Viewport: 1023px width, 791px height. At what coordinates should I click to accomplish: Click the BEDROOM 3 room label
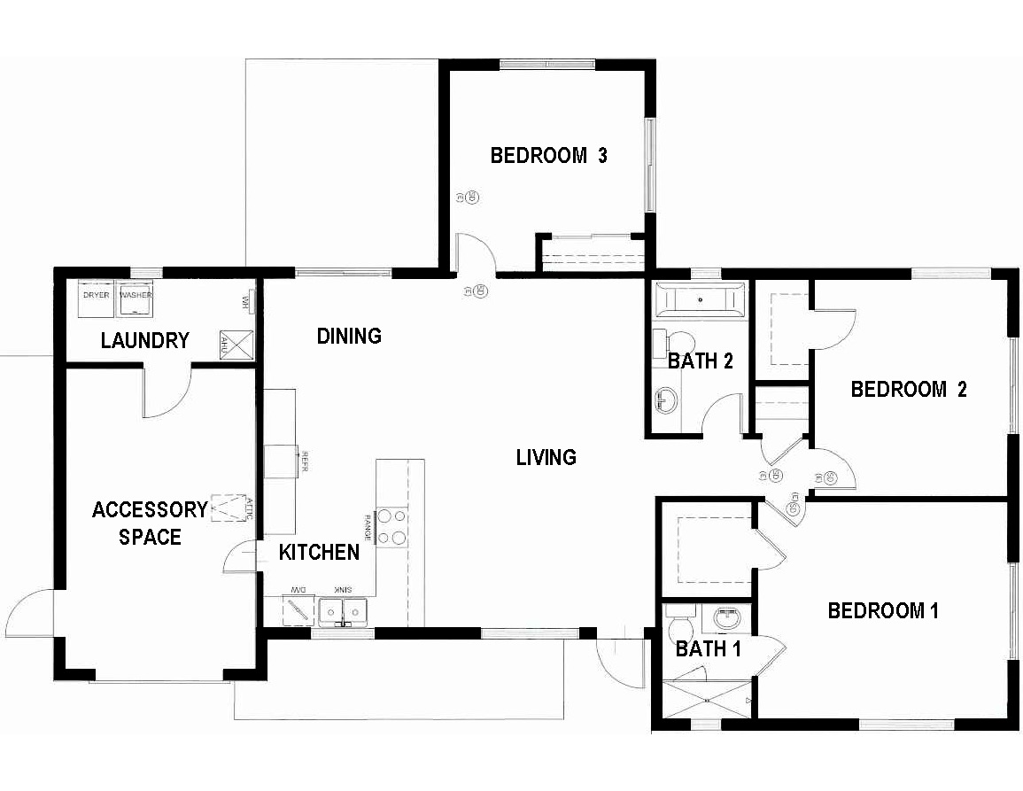pos(548,156)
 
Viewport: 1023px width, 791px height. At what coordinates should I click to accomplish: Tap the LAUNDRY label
pos(144,340)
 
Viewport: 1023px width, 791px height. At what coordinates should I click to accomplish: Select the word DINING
pos(349,336)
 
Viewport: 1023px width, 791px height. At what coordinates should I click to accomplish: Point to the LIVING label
pos(546,457)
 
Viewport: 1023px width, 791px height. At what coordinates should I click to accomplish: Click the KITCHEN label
pos(319,553)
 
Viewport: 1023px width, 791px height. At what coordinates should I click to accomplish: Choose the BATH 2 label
pos(701,361)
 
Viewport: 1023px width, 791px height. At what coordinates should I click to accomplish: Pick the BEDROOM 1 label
pos(882,610)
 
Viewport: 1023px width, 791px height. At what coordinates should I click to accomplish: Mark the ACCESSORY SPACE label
pos(149,523)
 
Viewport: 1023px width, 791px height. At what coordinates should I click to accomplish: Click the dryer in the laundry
pos(96,300)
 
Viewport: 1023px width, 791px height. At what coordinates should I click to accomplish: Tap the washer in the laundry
pos(135,300)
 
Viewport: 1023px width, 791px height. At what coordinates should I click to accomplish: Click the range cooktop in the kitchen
pos(391,525)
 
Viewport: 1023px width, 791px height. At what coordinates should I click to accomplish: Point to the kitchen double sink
pos(344,611)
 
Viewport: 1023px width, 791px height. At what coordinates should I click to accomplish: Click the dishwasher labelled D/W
pos(297,609)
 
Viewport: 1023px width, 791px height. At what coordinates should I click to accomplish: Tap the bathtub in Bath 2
pos(701,299)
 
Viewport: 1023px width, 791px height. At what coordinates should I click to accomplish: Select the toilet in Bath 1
pos(680,624)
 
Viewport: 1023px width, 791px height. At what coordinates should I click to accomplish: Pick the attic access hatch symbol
pos(228,508)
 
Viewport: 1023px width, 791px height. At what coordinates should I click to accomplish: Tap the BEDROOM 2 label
pos(908,390)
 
